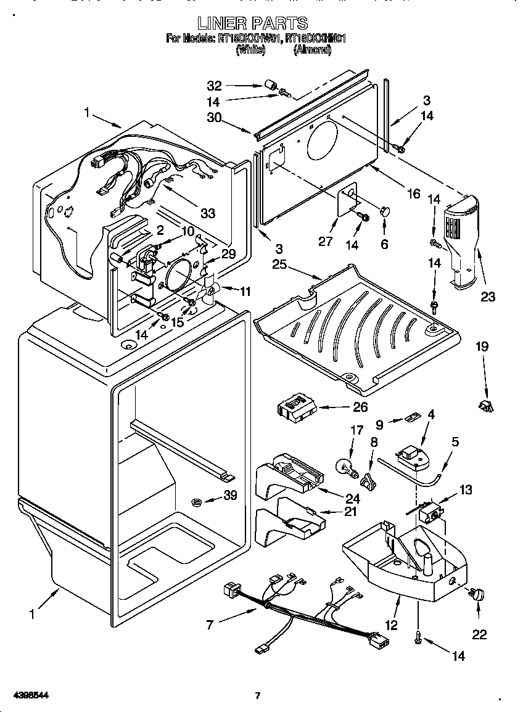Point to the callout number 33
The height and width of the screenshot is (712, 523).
[x=208, y=213]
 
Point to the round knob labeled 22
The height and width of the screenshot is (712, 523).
[x=476, y=594]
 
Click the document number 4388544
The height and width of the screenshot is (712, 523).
[x=27, y=695]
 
